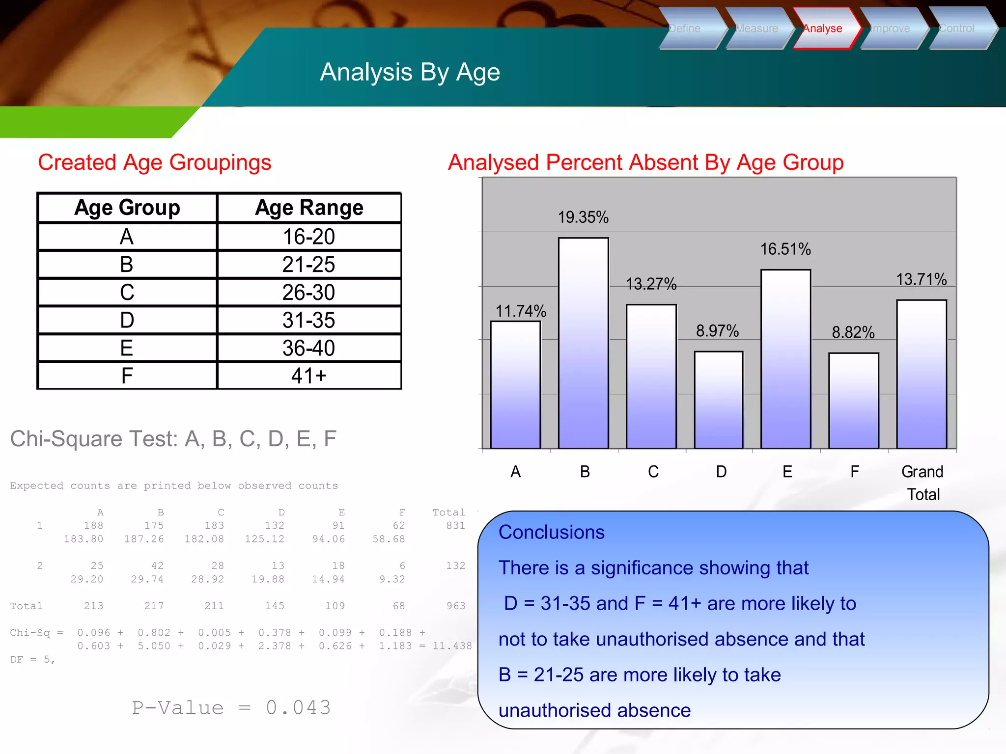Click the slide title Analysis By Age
(x=410, y=72)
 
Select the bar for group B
(x=583, y=344)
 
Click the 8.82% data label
(x=853, y=332)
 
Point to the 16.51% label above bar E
(x=785, y=249)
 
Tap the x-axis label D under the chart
(x=721, y=472)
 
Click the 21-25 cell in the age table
(x=308, y=265)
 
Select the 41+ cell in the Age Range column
(x=308, y=376)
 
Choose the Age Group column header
(x=127, y=208)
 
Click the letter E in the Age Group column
(x=127, y=348)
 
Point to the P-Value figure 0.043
(x=298, y=707)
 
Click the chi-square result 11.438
(x=451, y=646)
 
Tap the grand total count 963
(x=455, y=606)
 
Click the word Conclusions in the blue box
(x=551, y=532)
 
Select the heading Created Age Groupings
(x=154, y=162)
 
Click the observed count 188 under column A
(x=93, y=525)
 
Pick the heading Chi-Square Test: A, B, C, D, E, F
(x=173, y=438)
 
